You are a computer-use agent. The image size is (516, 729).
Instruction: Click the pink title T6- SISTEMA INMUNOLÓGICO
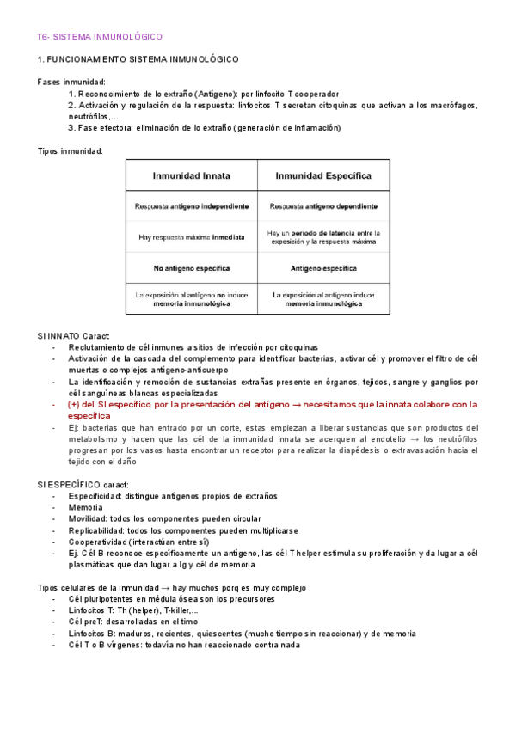click(x=100, y=37)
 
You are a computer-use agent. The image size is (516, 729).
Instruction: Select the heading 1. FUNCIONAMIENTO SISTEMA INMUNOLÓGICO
click(x=138, y=59)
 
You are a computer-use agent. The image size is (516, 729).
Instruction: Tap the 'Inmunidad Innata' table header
click(x=192, y=175)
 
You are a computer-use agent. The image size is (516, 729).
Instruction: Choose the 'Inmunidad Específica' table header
click(x=323, y=175)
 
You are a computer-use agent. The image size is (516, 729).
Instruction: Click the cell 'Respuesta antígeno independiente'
click(x=192, y=206)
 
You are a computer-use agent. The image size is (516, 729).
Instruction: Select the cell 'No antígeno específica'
click(x=192, y=266)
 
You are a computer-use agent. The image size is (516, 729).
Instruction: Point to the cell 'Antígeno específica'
click(x=323, y=266)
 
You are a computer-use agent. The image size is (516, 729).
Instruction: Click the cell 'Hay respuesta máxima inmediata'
click(x=192, y=236)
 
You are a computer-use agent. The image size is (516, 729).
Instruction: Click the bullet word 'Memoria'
click(x=86, y=508)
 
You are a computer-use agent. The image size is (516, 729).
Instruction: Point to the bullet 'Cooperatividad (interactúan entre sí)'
click(x=138, y=542)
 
